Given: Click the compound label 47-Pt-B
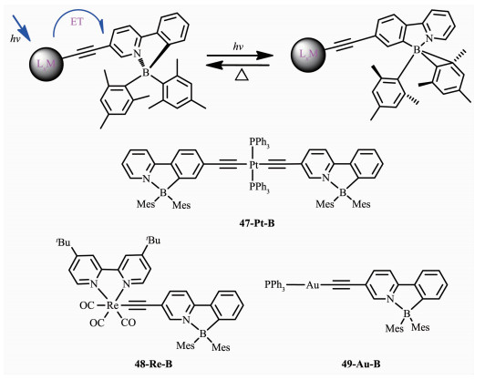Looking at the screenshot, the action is (x=256, y=223).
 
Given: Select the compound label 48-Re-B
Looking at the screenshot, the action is (x=153, y=364).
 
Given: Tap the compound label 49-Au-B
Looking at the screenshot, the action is (x=361, y=364).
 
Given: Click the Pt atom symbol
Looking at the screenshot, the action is (x=253, y=166).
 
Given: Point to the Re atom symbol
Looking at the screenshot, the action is (x=113, y=305).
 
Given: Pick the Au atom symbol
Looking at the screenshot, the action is (x=312, y=284).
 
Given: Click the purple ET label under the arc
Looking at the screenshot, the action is (x=77, y=22).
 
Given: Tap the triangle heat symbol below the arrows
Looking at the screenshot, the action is (x=241, y=75).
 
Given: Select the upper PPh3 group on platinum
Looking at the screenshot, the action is (x=259, y=144).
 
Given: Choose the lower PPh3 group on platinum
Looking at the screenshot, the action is (x=259, y=187).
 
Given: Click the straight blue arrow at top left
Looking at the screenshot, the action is (x=21, y=28).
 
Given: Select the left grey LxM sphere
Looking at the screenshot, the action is (x=46, y=64).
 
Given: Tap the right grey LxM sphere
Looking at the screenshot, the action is (x=308, y=55).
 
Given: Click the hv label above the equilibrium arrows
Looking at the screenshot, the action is (x=238, y=47).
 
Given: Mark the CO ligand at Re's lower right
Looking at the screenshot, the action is (x=128, y=324).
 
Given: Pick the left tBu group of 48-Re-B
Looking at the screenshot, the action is (x=64, y=242).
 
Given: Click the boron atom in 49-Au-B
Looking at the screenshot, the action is (x=407, y=313).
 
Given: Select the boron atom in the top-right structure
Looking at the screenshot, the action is (x=417, y=49).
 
